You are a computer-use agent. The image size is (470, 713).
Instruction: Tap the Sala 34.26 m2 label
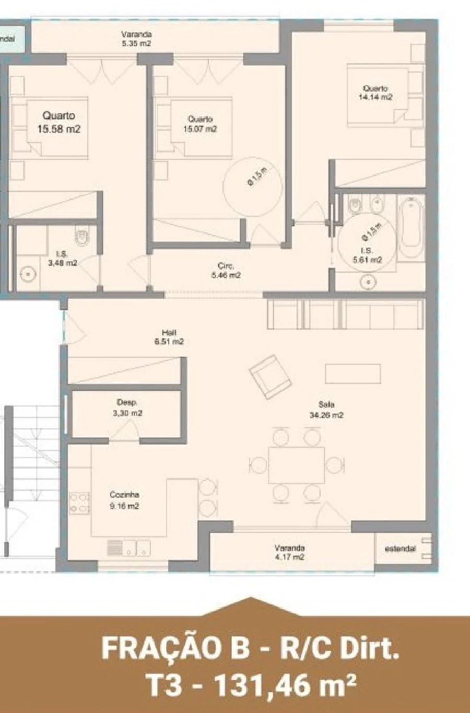tap(326, 410)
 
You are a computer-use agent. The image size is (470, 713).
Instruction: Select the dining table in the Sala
tap(297, 465)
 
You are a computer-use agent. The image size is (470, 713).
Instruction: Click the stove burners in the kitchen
tap(79, 502)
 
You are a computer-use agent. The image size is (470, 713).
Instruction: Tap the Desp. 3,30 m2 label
tap(127, 407)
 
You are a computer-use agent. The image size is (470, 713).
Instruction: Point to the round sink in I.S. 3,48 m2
tap(27, 273)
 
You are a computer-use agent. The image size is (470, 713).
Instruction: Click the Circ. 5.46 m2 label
tap(226, 270)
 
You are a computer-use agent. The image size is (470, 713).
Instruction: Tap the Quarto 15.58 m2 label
tap(58, 122)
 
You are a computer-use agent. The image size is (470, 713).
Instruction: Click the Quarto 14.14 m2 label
tap(375, 92)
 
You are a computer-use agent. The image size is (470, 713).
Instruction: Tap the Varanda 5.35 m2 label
tap(136, 39)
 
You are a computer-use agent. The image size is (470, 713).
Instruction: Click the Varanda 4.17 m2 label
tap(290, 552)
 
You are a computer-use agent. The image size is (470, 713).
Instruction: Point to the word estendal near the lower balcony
tap(400, 549)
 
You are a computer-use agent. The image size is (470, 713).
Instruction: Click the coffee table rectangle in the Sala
tap(352, 373)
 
